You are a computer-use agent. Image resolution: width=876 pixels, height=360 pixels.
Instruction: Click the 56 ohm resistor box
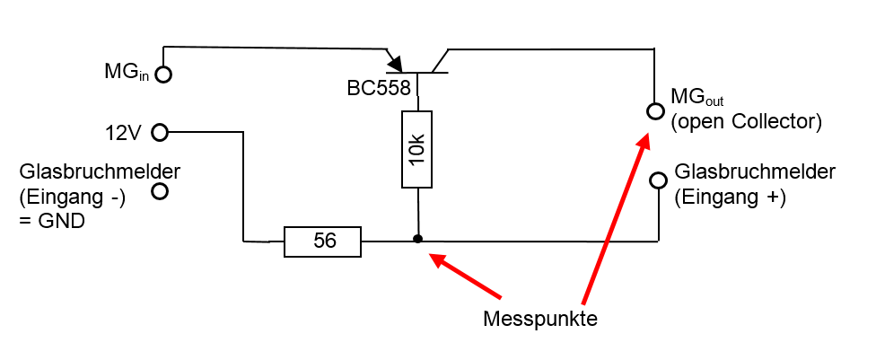click(322, 241)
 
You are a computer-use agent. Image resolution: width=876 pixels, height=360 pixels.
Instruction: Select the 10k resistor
click(417, 149)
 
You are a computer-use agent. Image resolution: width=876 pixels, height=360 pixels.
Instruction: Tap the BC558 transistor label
click(380, 88)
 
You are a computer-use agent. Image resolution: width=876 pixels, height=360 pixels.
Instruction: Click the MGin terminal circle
click(162, 75)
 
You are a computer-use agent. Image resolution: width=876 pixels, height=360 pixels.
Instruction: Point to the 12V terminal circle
click(160, 133)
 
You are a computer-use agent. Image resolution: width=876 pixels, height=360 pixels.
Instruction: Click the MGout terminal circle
click(653, 110)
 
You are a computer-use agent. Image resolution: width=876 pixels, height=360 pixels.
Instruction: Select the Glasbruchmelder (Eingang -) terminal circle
click(161, 190)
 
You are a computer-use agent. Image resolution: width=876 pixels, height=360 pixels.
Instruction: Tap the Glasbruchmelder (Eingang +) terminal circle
click(658, 180)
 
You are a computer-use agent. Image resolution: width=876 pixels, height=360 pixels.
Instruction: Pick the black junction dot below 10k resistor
click(417, 240)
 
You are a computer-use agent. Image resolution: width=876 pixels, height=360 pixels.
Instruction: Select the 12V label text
click(123, 133)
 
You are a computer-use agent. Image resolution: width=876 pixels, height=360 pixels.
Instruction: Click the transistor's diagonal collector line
click(439, 61)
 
